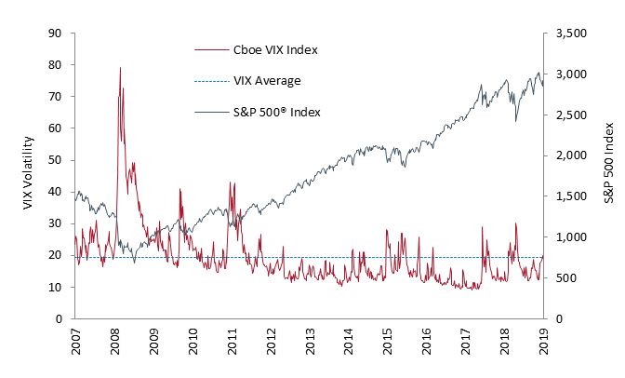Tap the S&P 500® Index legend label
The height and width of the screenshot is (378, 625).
pyautogui.click(x=275, y=114)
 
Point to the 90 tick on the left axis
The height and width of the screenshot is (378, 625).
pyautogui.click(x=56, y=34)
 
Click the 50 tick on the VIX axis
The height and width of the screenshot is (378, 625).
pyautogui.click(x=56, y=160)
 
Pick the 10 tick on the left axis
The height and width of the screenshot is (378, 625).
pyautogui.click(x=56, y=287)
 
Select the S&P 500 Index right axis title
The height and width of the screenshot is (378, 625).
pyautogui.click(x=608, y=177)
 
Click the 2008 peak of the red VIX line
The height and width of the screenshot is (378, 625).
pyautogui.click(x=120, y=67)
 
